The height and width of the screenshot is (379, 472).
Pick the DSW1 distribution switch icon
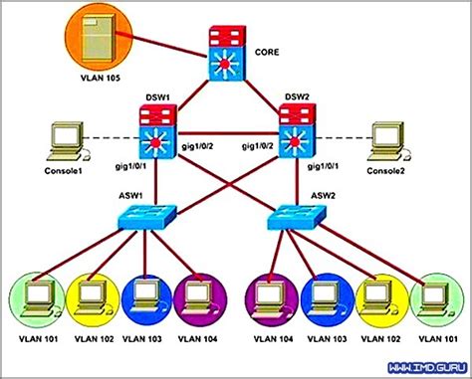[x=157, y=132]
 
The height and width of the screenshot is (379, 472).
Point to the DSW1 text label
[x=156, y=97]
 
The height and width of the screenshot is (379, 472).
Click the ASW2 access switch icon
[x=298, y=216]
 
